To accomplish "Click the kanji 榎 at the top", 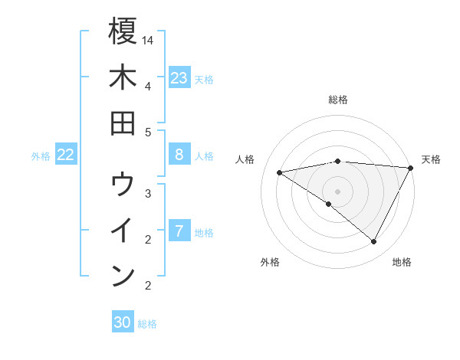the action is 123,32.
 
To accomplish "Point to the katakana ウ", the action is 123,185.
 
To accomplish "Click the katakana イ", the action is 123,231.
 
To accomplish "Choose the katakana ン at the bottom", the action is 123,275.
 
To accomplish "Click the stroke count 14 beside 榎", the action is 149,40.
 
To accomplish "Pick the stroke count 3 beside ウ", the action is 147,193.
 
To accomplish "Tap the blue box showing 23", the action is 179,78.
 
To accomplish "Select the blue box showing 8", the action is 179,155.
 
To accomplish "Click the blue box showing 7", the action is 179,231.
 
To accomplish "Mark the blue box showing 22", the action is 66,155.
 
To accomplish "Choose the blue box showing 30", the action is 123,322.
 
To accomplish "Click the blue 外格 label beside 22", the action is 41,156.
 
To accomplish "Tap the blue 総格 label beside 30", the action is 147,324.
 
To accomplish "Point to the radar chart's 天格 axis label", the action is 431,159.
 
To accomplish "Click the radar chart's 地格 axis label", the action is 402,262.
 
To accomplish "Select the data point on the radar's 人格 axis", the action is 280,172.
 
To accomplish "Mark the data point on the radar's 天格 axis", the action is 411,168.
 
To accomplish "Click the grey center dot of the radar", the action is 338,191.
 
